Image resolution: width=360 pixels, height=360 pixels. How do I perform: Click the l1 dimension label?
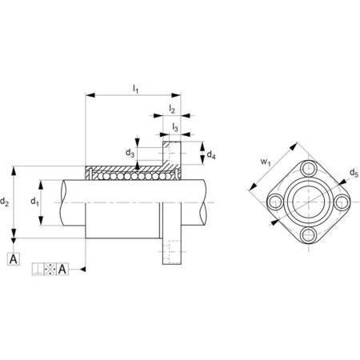coord(136,89)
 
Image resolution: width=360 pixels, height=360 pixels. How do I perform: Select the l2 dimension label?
coord(172,109)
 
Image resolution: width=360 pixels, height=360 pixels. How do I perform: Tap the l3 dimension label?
coord(175,127)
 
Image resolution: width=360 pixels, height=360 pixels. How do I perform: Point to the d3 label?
coord(130,153)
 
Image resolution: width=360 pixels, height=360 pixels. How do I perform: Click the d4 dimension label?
coord(211,155)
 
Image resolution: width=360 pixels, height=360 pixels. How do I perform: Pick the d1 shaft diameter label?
coord(34,202)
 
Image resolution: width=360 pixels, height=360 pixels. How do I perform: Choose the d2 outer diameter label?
coord(5,202)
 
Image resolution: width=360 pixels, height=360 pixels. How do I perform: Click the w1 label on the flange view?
coord(266,162)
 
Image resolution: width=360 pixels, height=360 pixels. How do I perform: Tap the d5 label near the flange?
coord(354,173)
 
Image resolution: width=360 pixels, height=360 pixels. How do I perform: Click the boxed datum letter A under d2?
coord(14,258)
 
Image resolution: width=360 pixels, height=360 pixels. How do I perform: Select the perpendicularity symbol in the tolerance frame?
coord(38,269)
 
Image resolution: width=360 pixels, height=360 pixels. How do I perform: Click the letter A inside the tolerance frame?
coord(62,269)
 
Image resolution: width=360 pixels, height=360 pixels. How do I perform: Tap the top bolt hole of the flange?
coord(309,169)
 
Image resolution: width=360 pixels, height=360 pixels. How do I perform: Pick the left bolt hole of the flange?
coord(275,202)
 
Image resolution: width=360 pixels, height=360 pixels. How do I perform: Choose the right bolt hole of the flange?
coord(342,202)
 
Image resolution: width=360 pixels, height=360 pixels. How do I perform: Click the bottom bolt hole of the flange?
coord(309,235)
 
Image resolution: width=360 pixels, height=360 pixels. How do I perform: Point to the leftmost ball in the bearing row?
coord(101,176)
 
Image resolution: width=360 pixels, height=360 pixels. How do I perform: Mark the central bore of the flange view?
coord(309,202)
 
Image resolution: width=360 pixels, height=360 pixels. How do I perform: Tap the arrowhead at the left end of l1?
coord(90,95)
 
